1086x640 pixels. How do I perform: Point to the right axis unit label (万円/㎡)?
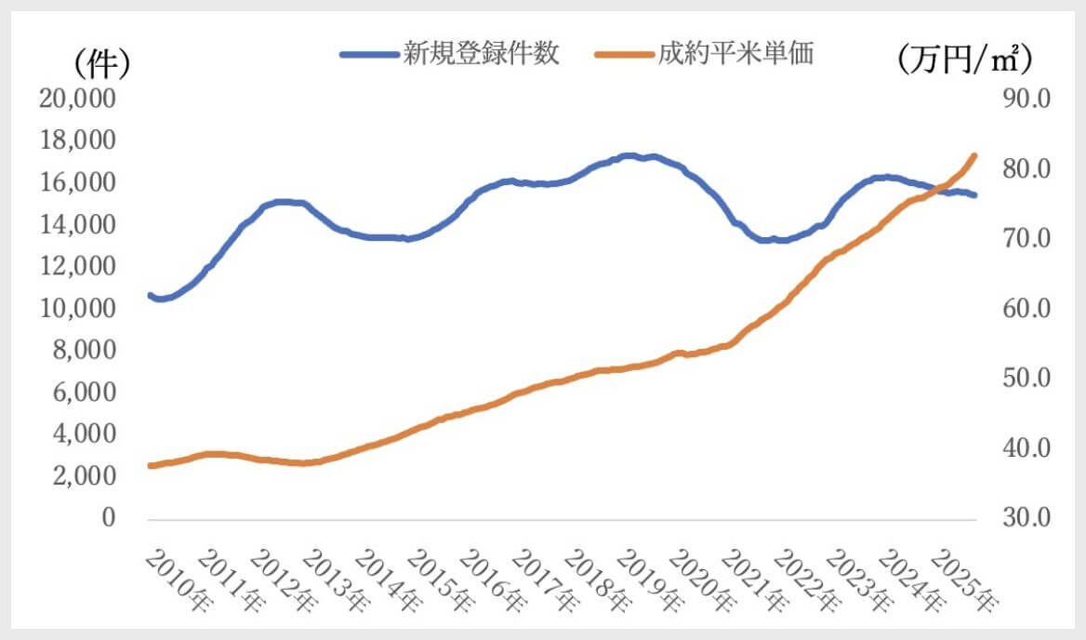966,60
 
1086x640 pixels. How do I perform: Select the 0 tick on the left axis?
108,518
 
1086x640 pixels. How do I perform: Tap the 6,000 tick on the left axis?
82,393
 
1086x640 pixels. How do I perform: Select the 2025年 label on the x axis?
966,581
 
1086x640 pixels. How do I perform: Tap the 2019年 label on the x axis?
647,581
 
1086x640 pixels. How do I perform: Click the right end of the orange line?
974,155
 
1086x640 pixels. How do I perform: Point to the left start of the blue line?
150,295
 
